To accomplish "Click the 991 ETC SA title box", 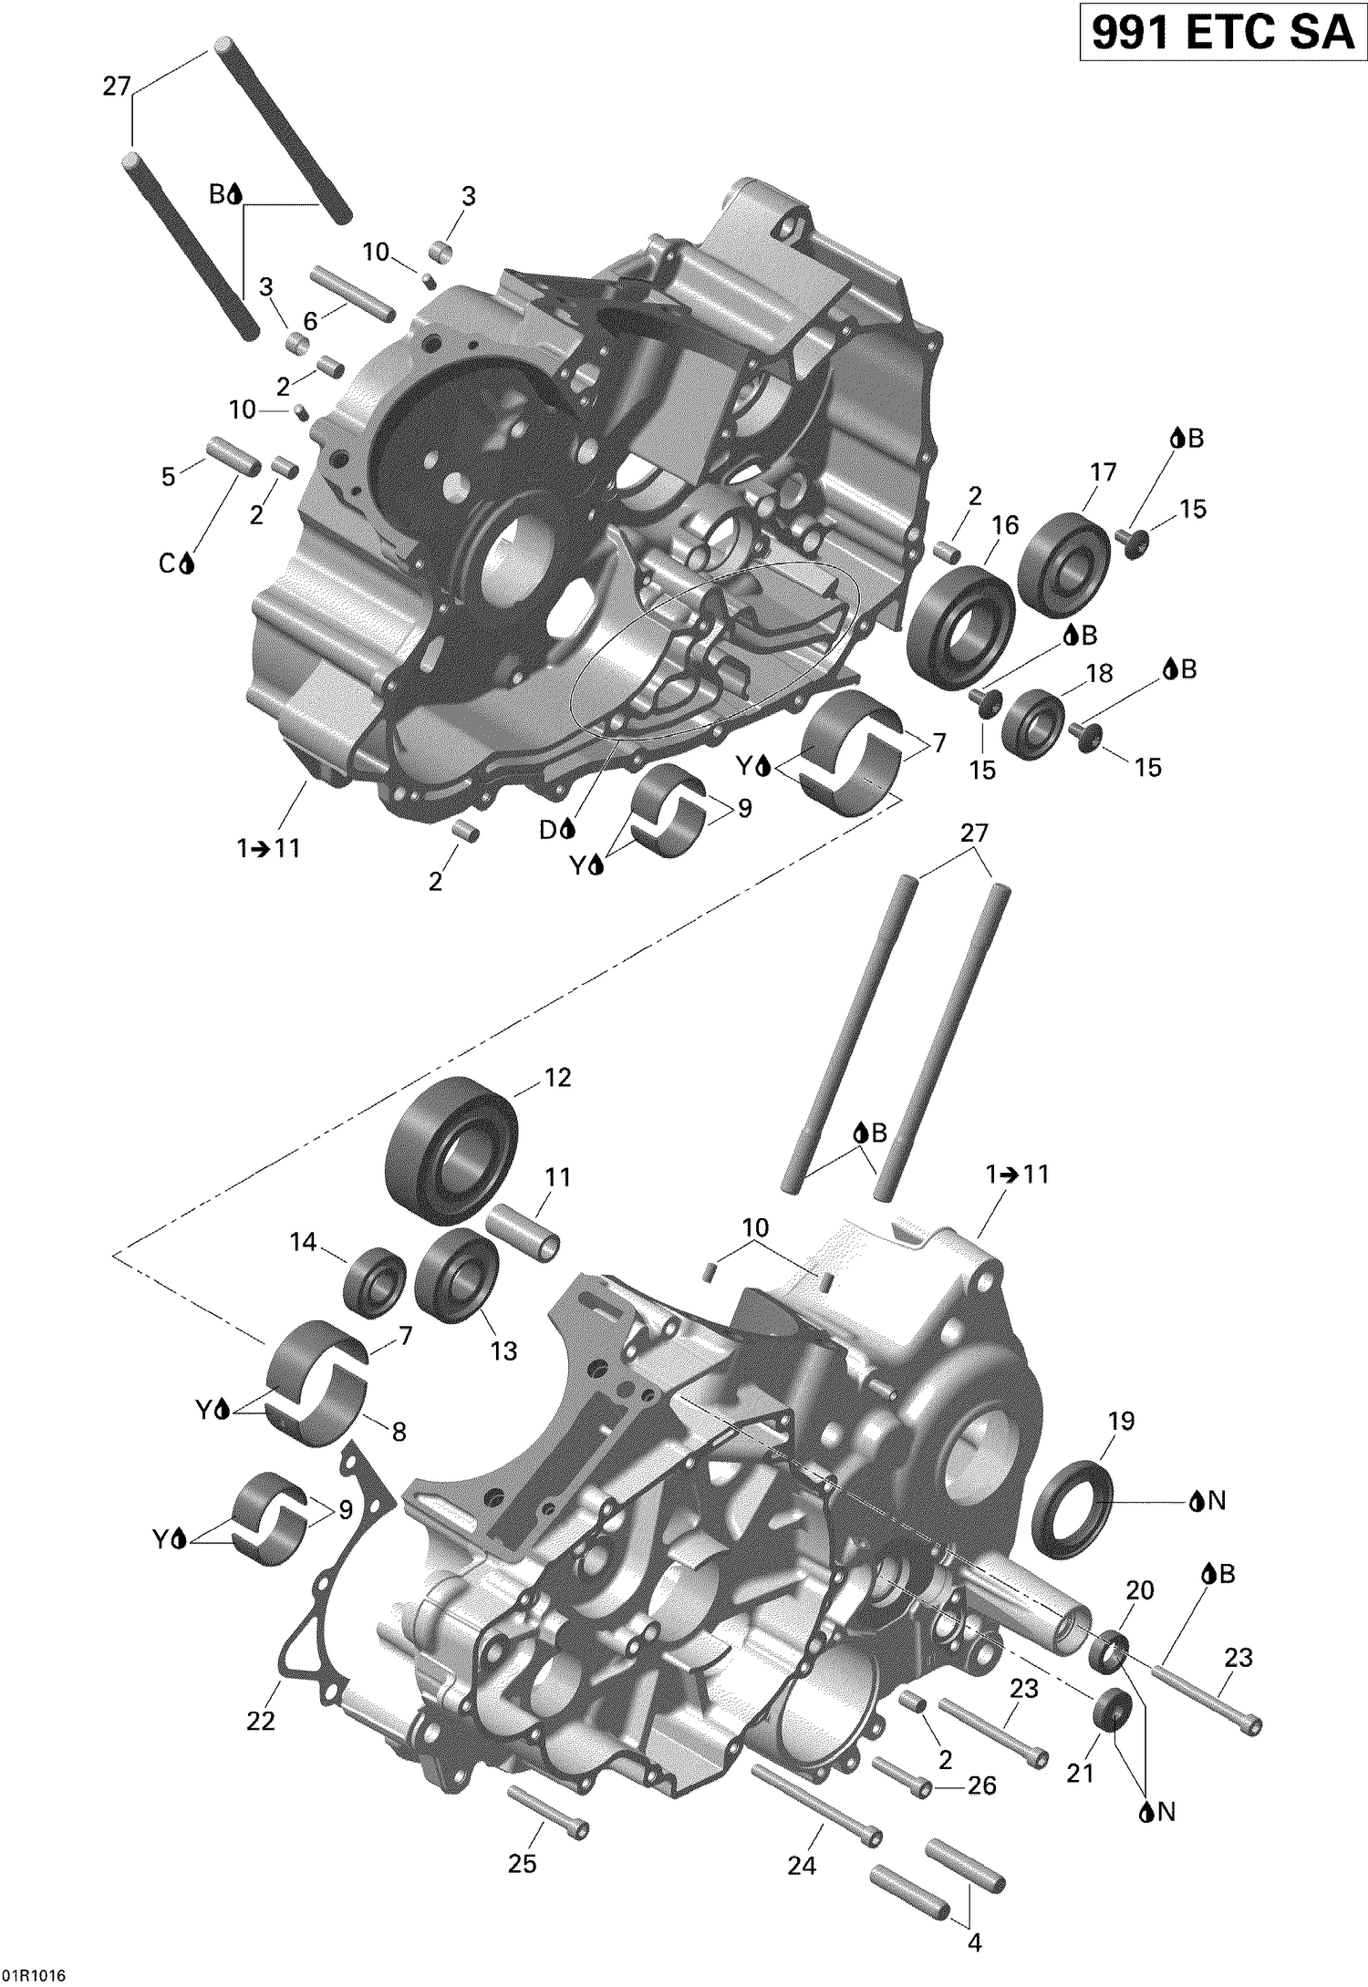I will coord(1222,34).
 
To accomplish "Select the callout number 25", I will coord(522,1864).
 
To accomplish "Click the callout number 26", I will coord(981,1785).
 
